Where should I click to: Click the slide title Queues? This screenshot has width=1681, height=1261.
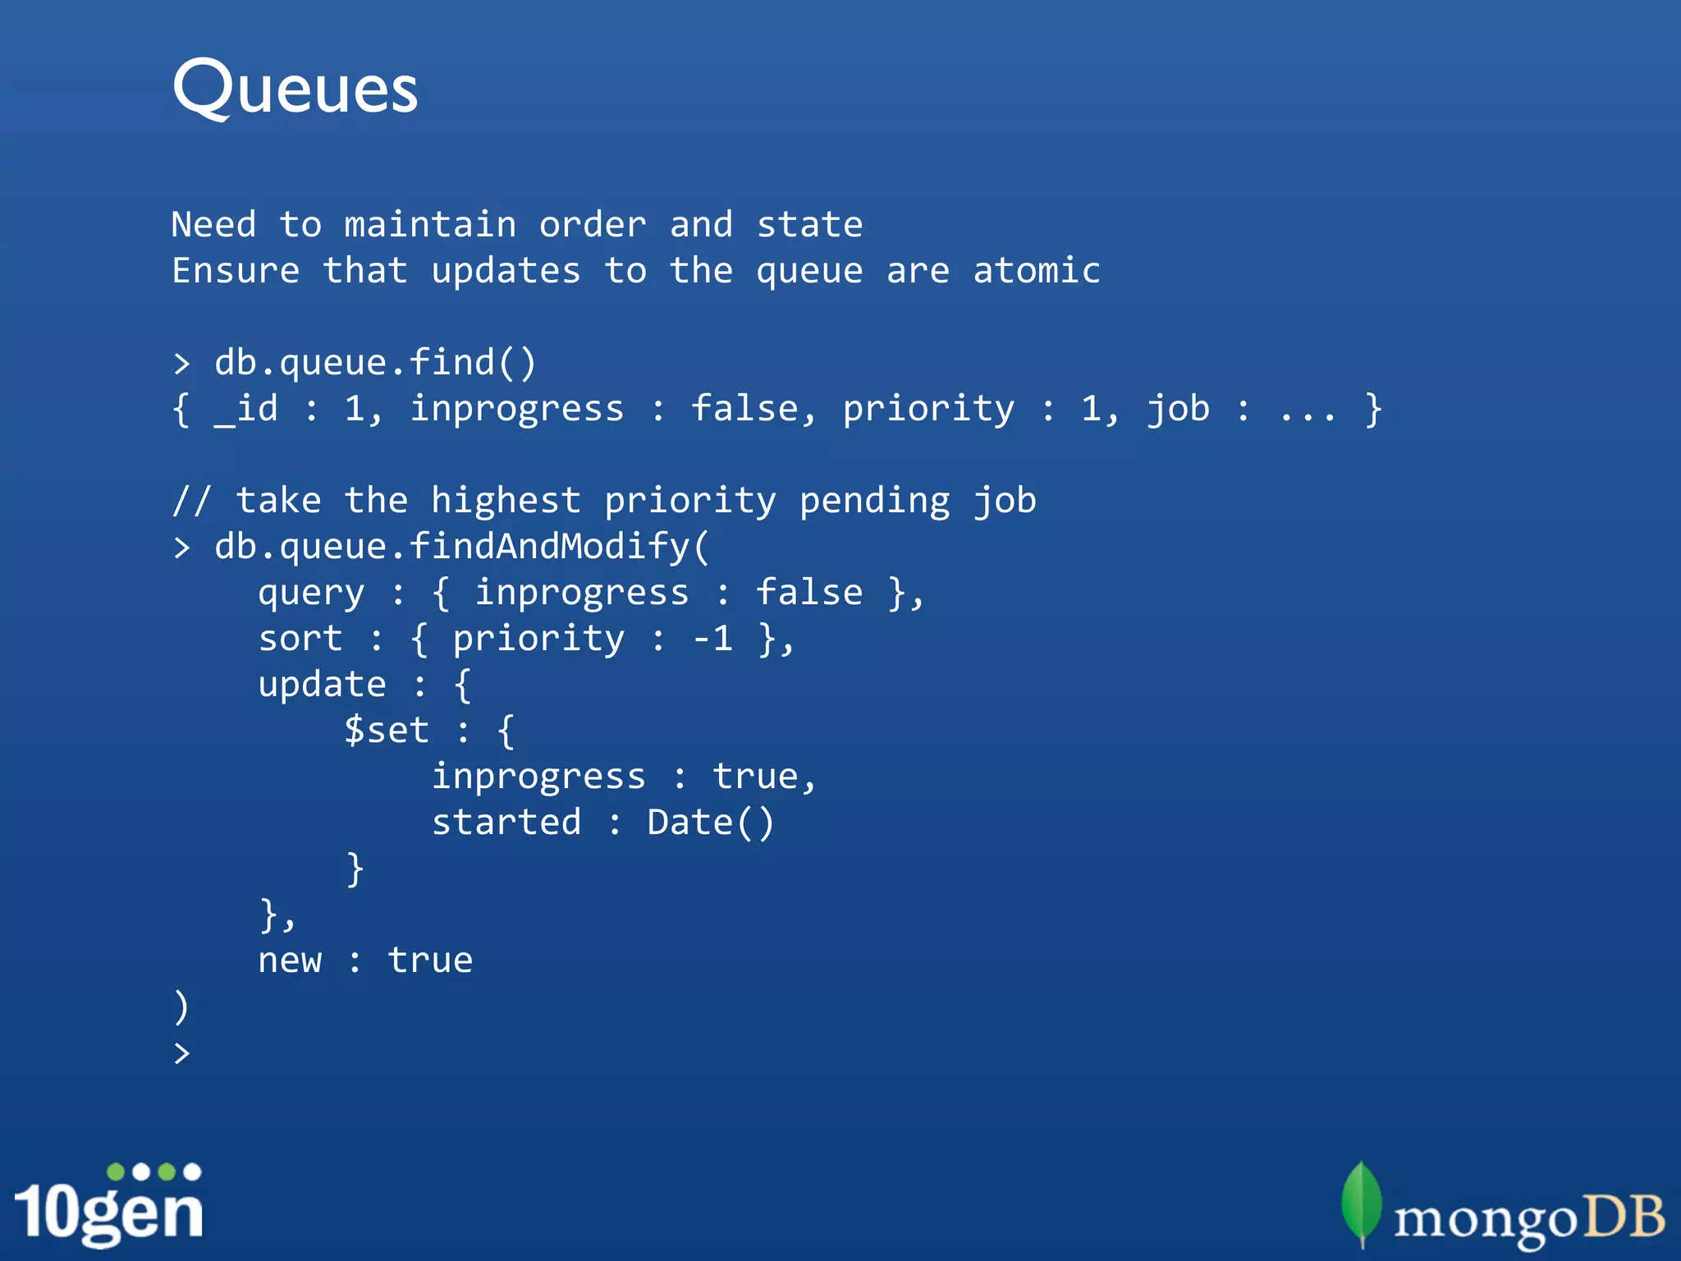pyautogui.click(x=295, y=88)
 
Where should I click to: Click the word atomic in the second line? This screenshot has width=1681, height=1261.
pyautogui.click(x=1037, y=271)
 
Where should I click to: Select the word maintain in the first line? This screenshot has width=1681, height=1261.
pyautogui.click(x=430, y=225)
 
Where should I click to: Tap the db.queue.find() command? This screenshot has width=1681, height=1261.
pyautogui.click(x=375, y=363)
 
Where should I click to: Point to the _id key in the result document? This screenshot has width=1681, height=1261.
pyautogui.click(x=246, y=409)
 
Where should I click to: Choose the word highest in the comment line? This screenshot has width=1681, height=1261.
pyautogui.click(x=506, y=501)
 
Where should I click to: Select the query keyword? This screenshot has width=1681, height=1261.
pyautogui.click(x=311, y=593)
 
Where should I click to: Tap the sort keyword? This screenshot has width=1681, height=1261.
pyautogui.click(x=300, y=639)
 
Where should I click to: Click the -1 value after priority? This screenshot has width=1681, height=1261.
pyautogui.click(x=713, y=639)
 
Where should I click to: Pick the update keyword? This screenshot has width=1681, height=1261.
pyautogui.click(x=322, y=685)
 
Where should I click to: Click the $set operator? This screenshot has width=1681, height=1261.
pyautogui.click(x=387, y=731)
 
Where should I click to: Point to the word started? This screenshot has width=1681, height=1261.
pyautogui.click(x=506, y=823)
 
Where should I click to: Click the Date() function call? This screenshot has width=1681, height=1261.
pyautogui.click(x=710, y=823)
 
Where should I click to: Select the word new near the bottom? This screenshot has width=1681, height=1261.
pyautogui.click(x=290, y=961)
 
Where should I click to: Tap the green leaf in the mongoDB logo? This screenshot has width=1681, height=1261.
pyautogui.click(x=1361, y=1202)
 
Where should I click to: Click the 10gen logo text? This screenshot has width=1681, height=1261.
pyautogui.click(x=108, y=1212)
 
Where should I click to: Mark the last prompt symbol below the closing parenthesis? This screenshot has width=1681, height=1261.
pyautogui.click(x=181, y=1053)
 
